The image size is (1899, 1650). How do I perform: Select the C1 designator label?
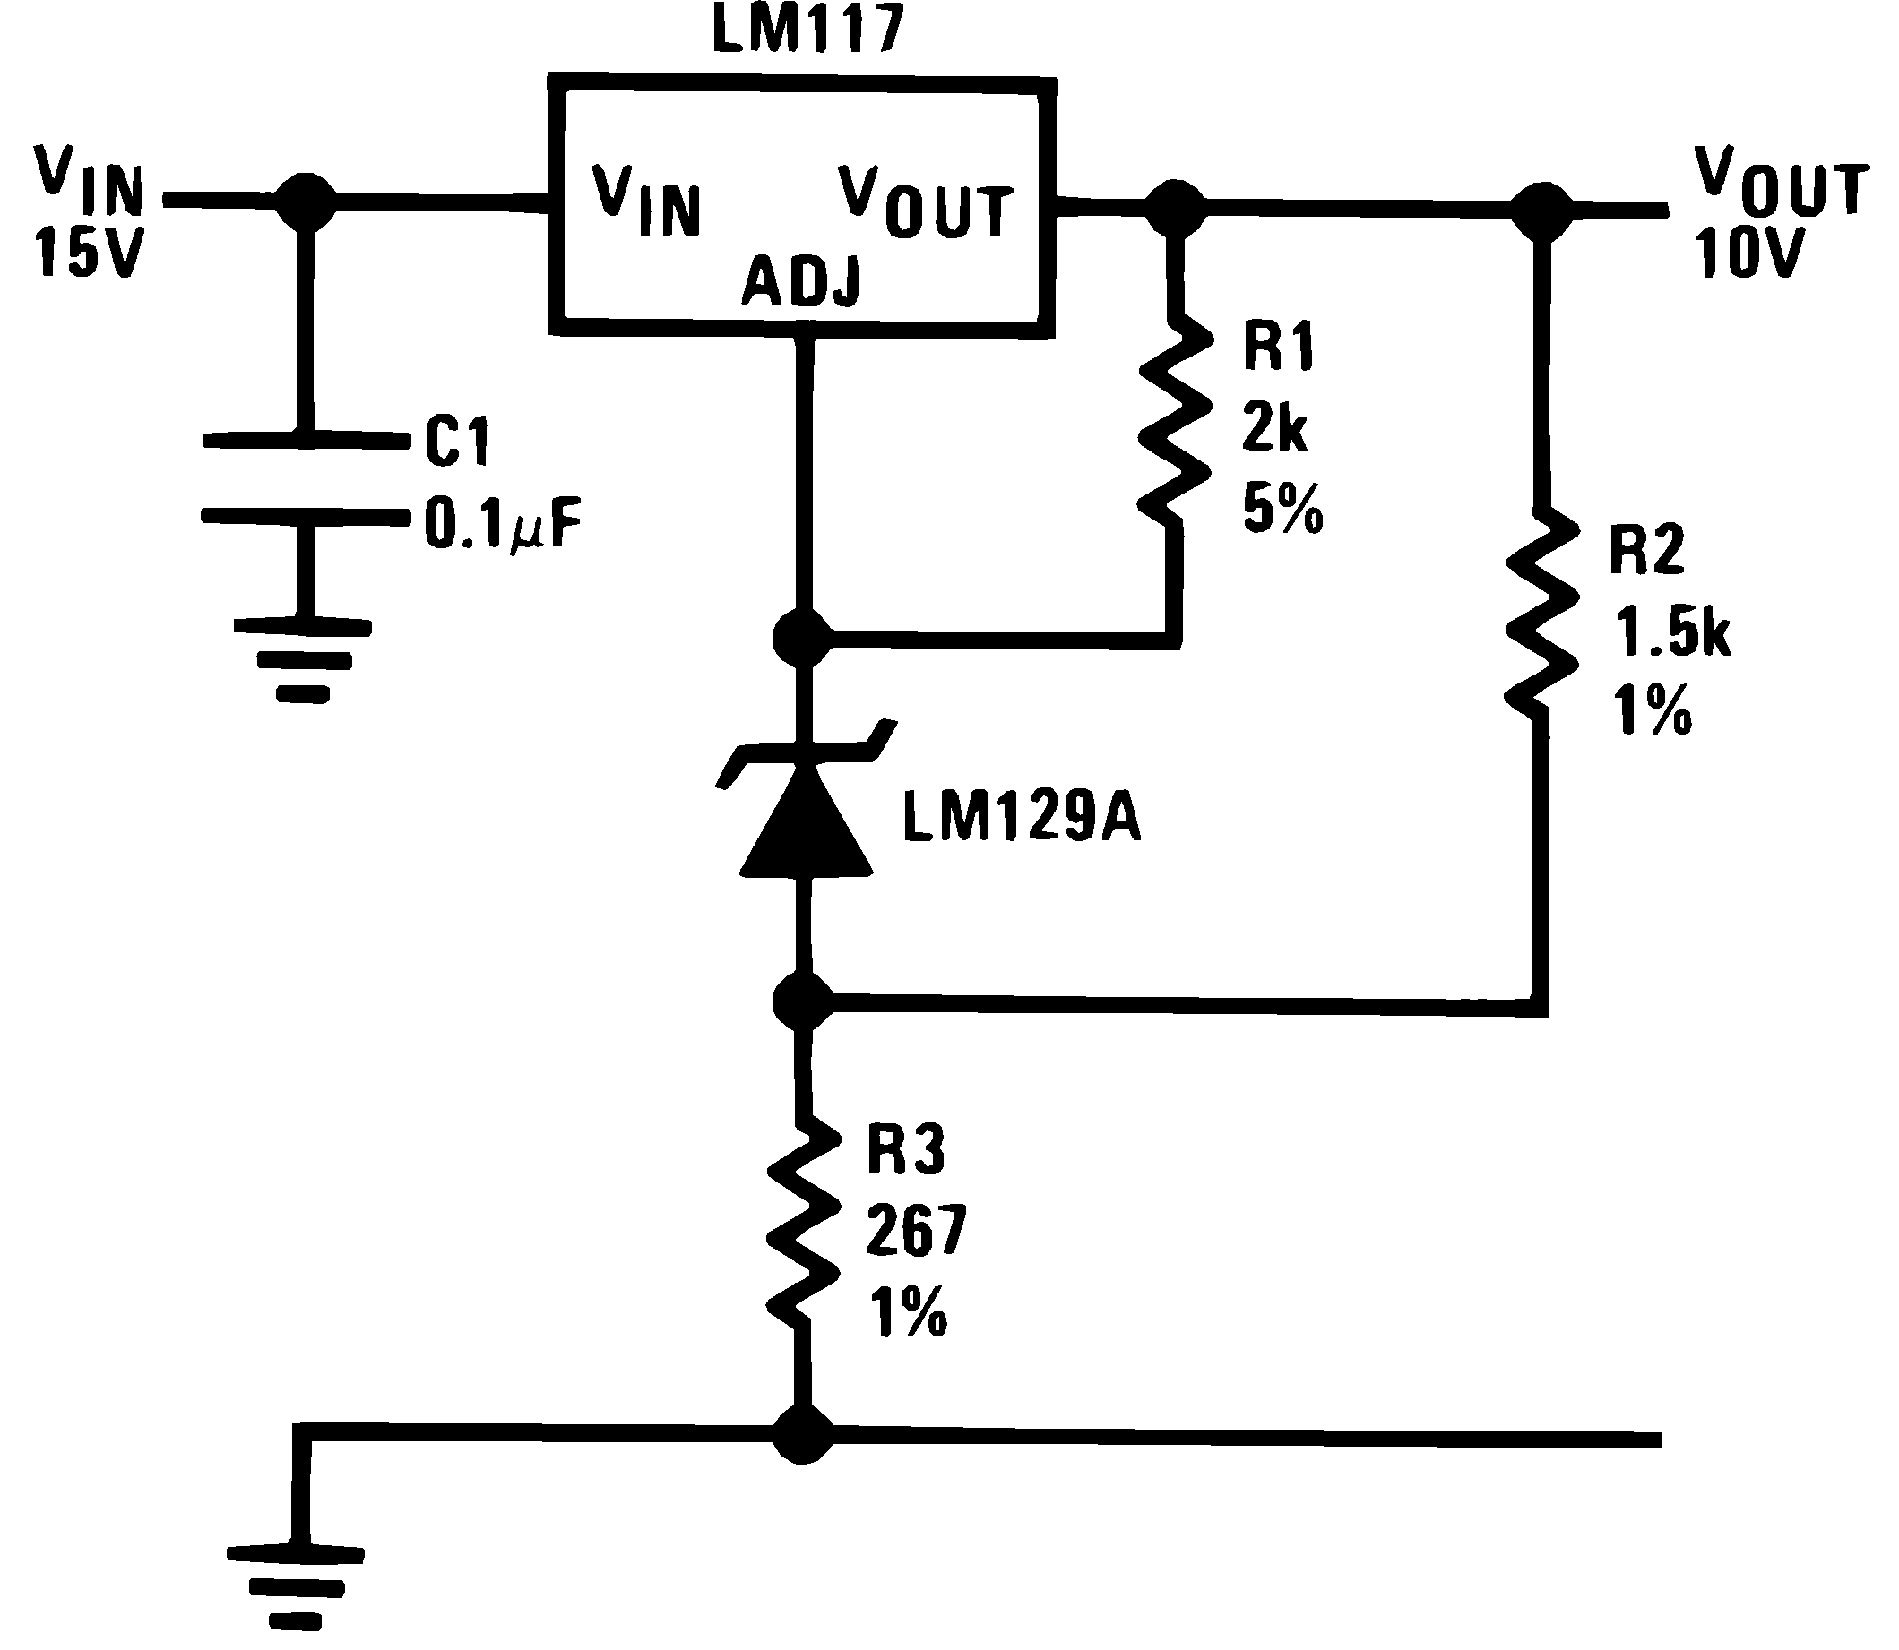pos(457,441)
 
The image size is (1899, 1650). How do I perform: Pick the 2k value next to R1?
pos(1274,428)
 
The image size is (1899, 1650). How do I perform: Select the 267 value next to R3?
pos(915,1231)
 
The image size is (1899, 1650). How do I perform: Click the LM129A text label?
pos(1022,819)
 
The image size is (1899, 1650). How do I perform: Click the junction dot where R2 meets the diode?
pos(803,1001)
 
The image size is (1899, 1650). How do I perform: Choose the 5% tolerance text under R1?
pos(1282,509)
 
